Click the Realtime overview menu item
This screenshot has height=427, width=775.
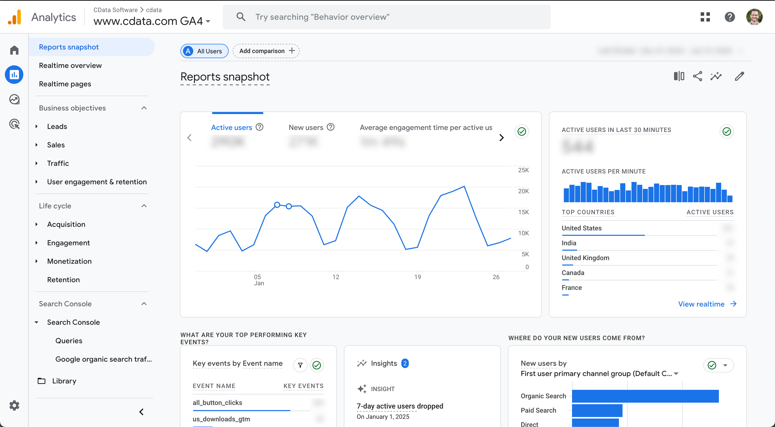click(x=70, y=65)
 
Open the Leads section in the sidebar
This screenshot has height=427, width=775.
click(x=57, y=126)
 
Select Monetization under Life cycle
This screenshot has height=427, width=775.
click(x=69, y=261)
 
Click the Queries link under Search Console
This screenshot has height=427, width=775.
click(x=69, y=341)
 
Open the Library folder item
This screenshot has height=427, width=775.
click(x=64, y=381)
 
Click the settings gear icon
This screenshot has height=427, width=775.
click(x=14, y=406)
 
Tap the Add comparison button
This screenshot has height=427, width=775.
click(x=266, y=51)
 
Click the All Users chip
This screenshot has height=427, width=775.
click(x=204, y=51)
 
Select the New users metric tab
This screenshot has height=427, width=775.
click(x=306, y=128)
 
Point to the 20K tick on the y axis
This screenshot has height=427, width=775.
click(x=523, y=191)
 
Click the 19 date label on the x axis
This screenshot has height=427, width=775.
click(x=417, y=277)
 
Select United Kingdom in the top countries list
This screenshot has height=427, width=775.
click(x=585, y=258)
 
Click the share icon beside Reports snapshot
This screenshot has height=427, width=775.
click(x=697, y=76)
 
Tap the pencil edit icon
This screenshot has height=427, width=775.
click(x=739, y=76)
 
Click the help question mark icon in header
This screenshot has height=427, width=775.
click(x=730, y=17)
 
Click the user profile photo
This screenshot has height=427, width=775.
click(x=754, y=17)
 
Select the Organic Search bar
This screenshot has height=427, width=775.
click(x=645, y=396)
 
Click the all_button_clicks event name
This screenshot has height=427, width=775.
click(x=217, y=403)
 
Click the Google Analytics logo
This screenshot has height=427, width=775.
click(x=14, y=17)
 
